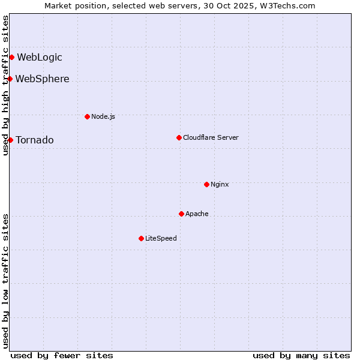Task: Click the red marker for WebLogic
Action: (11, 58)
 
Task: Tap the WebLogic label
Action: (40, 58)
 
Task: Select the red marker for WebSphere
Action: (10, 79)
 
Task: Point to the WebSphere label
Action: (42, 79)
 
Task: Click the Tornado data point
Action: (10, 140)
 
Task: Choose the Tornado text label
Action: (35, 140)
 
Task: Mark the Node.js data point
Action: (87, 116)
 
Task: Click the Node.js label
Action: (103, 116)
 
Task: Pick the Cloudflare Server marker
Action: (179, 137)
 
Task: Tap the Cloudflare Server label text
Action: (211, 137)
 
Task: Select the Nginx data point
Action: (206, 184)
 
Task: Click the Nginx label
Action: (220, 184)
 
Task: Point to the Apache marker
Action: (181, 214)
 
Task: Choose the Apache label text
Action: (197, 214)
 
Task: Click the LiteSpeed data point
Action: (141, 238)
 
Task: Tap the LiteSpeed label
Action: (161, 238)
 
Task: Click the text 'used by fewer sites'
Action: (62, 355)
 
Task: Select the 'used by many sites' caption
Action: (301, 355)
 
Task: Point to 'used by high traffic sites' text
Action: (6, 85)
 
